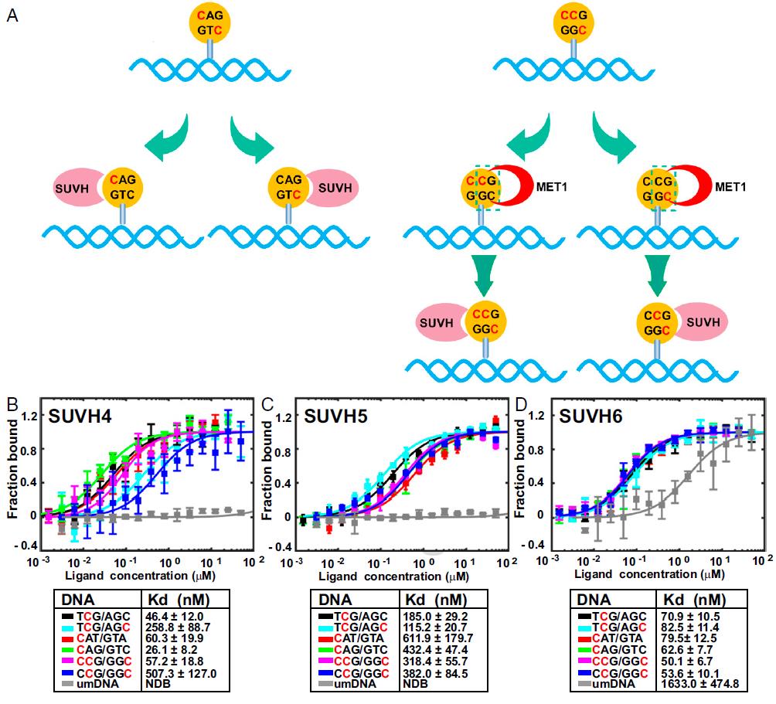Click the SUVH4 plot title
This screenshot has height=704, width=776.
pyautogui.click(x=83, y=415)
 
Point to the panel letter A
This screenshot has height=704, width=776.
pyautogui.click(x=12, y=15)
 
